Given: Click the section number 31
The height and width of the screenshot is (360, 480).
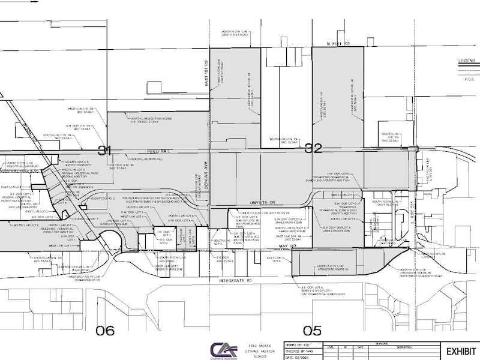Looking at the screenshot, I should coord(105,150).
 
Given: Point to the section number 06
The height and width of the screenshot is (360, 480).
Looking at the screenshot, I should coord(105,329).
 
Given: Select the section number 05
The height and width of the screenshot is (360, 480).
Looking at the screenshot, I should coord(312,329).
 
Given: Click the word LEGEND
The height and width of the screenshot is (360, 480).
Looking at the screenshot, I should coord(466,61).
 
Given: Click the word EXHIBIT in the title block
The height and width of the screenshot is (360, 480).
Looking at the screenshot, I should coord(460,351).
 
